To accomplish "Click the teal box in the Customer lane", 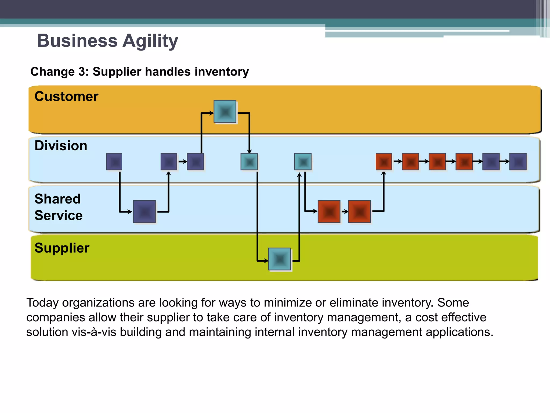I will tap(225, 112).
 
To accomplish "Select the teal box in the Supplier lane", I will tap(280, 259).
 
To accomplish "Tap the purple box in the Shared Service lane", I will tap(144, 212).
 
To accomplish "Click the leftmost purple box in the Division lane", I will tap(114, 162).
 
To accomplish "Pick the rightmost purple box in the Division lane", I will tap(518, 162).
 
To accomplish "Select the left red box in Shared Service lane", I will tap(329, 212).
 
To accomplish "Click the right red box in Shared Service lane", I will tap(359, 212).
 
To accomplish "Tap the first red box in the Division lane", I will tap(384, 162).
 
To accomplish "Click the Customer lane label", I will tap(66, 96).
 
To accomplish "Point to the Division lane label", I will tap(61, 145).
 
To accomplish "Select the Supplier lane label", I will tap(62, 248).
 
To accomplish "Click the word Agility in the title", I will tap(150, 41).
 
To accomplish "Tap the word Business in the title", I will tap(77, 41).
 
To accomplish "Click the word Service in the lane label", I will tap(59, 215).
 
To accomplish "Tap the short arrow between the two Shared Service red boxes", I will tap(345, 212).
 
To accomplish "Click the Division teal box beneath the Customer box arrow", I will tap(249, 162).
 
